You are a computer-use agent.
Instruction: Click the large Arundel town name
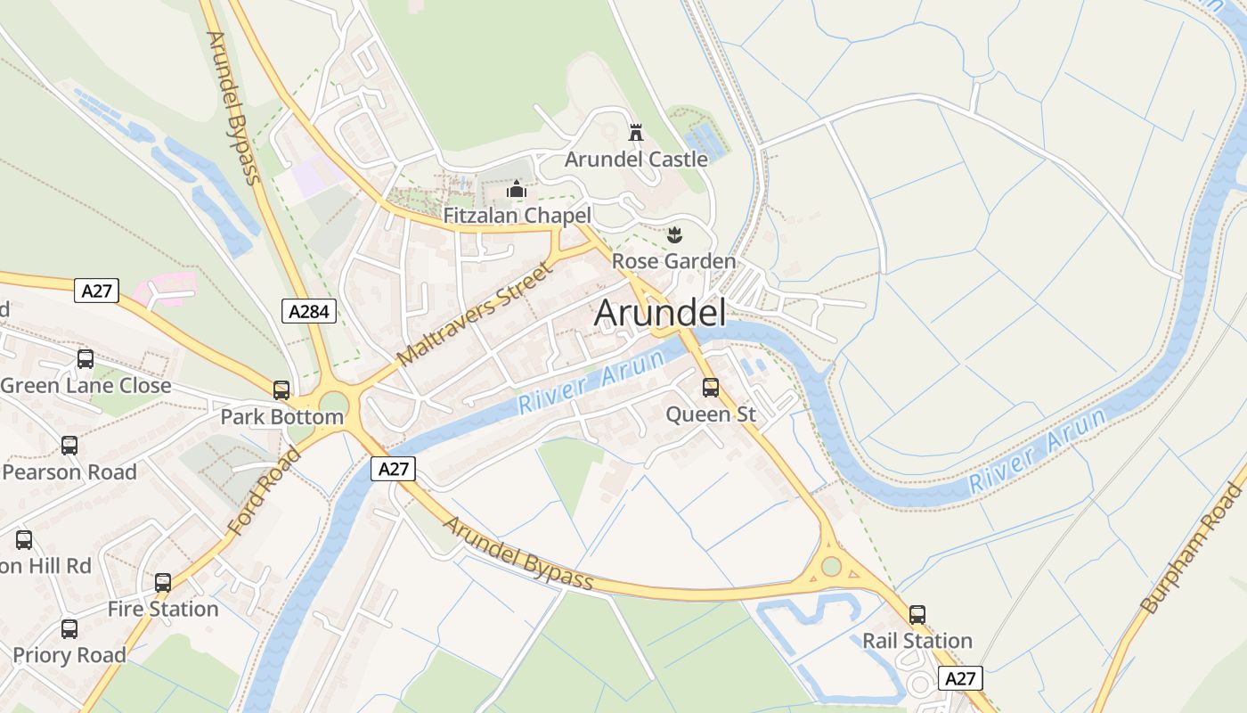(x=659, y=313)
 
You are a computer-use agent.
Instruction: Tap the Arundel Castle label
(x=636, y=160)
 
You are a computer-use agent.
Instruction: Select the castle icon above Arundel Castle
(x=636, y=133)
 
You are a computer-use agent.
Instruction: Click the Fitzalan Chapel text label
(x=517, y=216)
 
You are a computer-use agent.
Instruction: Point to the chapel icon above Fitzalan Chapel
(x=517, y=189)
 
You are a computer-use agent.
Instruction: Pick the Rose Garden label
(x=673, y=261)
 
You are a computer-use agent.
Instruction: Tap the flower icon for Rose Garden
(x=674, y=235)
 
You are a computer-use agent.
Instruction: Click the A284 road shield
(x=309, y=311)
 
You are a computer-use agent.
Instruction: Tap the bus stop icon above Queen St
(x=711, y=388)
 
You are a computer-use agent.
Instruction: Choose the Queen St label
(x=711, y=414)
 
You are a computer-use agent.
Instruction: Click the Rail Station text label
(x=917, y=641)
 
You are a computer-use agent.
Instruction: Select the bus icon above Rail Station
(x=917, y=615)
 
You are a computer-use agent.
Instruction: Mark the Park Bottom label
(x=281, y=416)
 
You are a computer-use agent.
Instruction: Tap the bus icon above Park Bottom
(x=281, y=390)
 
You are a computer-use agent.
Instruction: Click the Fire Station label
(x=163, y=609)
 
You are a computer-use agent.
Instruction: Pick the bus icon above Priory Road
(x=69, y=629)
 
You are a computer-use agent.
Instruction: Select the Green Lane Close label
(x=86, y=386)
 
